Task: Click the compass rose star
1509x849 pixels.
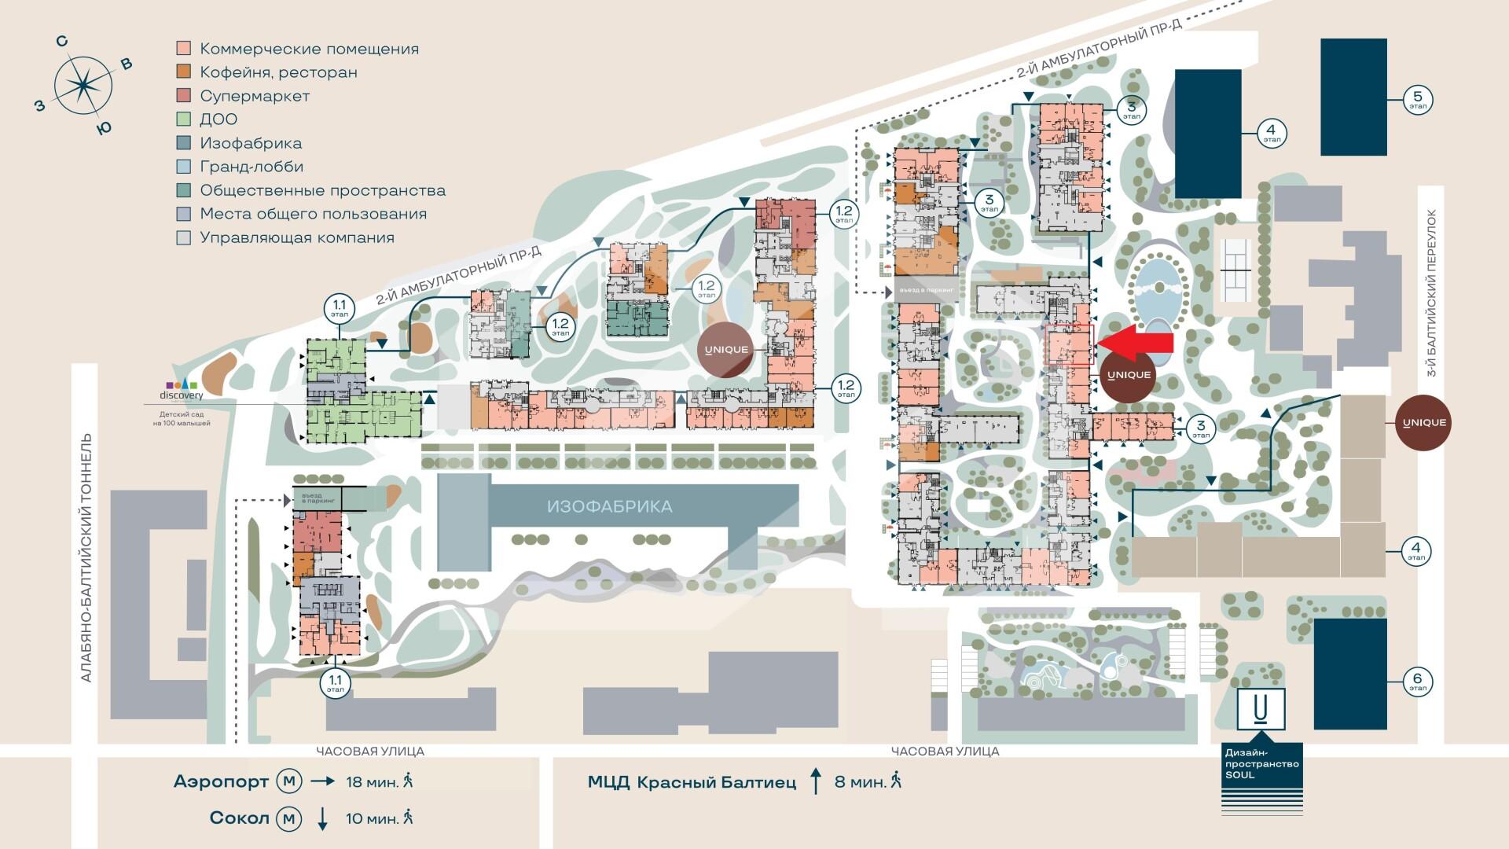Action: pos(82,84)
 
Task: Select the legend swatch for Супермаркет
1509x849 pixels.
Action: pos(183,96)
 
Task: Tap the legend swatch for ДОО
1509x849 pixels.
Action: pos(183,119)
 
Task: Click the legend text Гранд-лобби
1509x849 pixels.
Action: pos(251,167)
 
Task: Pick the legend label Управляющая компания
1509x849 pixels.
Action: pos(296,237)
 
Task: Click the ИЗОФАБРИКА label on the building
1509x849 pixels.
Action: pos(609,506)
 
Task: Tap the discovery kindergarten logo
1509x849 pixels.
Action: pos(181,390)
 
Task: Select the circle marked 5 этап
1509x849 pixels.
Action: pos(1418,100)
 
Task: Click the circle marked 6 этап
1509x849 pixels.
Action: pos(1418,682)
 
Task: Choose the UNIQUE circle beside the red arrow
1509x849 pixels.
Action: pos(1129,375)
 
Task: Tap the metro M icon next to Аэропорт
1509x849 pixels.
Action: pos(289,781)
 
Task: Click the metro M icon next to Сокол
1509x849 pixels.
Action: pos(289,818)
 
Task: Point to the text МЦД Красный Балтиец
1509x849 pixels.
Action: pos(692,782)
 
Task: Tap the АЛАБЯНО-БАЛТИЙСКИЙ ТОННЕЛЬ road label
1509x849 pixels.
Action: pos(86,558)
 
